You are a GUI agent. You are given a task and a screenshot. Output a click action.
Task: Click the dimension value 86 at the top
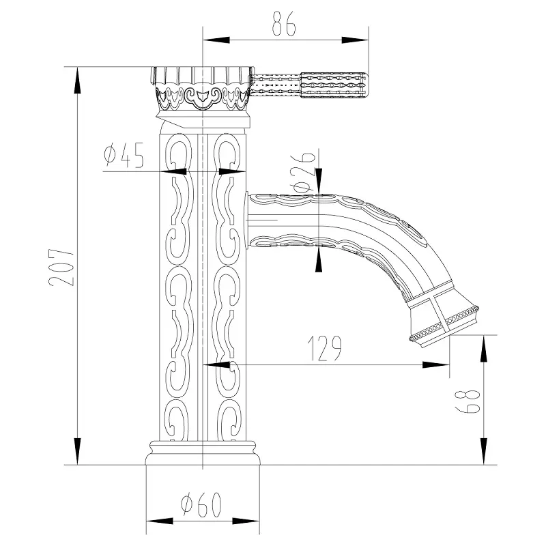pyautogui.click(x=284, y=24)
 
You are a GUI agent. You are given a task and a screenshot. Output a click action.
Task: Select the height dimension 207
pyautogui.click(x=61, y=268)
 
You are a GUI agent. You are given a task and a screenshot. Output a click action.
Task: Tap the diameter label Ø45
pyautogui.click(x=124, y=155)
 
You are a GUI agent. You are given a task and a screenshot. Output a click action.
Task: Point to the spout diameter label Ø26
pyautogui.click(x=304, y=172)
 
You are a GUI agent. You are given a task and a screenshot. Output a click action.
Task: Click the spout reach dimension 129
pyautogui.click(x=325, y=349)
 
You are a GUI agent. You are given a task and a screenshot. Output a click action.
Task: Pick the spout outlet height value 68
pyautogui.click(x=468, y=401)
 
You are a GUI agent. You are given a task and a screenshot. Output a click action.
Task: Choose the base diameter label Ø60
pyautogui.click(x=201, y=504)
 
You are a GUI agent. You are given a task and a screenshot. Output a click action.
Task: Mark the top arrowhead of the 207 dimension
pyautogui.click(x=77, y=80)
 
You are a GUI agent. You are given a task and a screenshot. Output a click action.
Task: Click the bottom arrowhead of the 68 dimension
pyautogui.click(x=484, y=451)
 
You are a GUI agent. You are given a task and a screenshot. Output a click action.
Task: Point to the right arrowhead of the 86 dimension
pyautogui.click(x=355, y=40)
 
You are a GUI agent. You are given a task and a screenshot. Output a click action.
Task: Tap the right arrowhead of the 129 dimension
pyautogui.click(x=436, y=365)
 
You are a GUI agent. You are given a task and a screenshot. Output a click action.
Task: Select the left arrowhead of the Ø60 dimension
pyautogui.click(x=160, y=521)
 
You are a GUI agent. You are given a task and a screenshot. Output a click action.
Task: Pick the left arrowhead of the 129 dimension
pyautogui.click(x=216, y=365)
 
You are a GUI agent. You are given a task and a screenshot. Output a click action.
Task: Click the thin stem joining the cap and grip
pyautogui.click(x=276, y=84)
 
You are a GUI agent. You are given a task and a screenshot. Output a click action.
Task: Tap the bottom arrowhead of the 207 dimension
pyautogui.click(x=77, y=451)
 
